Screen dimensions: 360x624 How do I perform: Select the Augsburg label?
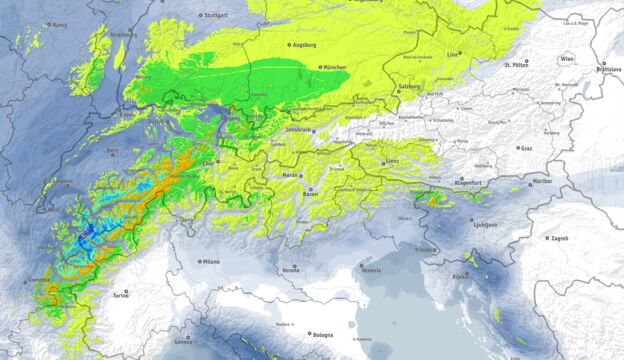coord(308,45)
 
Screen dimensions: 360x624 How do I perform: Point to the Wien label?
coord(567,59)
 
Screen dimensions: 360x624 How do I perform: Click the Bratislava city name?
coord(606,70)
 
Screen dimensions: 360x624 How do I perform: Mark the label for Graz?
coord(526,148)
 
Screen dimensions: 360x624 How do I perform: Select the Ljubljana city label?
coord(485,225)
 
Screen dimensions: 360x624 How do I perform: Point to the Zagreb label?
coord(558,238)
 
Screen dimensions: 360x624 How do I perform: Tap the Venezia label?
coord(371,271)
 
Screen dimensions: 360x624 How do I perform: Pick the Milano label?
coord(209,261)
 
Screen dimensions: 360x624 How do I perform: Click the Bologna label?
coord(322,335)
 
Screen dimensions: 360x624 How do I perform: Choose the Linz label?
coord(454,53)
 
